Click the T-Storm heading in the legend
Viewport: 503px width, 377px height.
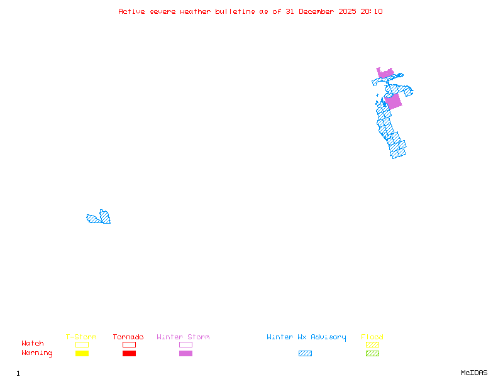point(81,337)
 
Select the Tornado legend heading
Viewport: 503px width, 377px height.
point(128,337)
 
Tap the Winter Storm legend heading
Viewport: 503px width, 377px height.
point(183,337)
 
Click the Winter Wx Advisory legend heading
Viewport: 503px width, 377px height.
point(306,337)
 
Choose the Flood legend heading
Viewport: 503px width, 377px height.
point(372,337)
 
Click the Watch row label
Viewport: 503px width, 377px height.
point(33,344)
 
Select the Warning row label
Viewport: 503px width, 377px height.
point(37,353)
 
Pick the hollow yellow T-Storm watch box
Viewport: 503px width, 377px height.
point(82,344)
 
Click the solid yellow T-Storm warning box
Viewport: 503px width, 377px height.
point(82,353)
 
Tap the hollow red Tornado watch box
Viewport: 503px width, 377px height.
point(129,344)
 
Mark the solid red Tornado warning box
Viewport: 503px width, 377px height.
point(129,353)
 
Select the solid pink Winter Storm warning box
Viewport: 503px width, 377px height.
point(185,353)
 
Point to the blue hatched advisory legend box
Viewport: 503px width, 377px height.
point(305,353)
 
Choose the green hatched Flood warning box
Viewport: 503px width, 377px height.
point(372,353)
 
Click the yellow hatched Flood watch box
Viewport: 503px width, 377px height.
point(372,344)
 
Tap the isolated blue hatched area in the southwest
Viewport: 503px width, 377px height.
point(99,218)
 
